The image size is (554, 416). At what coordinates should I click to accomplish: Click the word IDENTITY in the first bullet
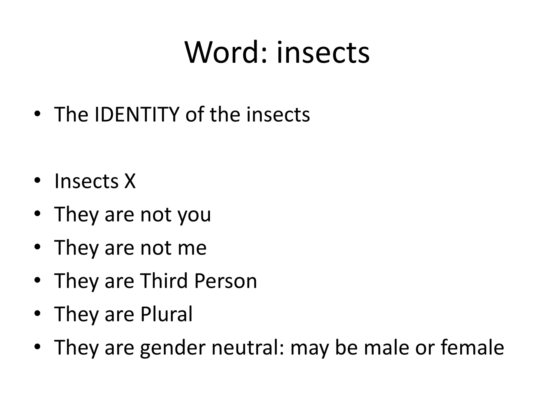[x=137, y=115]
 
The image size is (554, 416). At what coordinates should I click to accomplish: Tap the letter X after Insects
[x=130, y=181]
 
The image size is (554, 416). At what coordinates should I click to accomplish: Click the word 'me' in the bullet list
[x=192, y=248]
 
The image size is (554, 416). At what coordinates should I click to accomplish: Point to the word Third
[x=164, y=281]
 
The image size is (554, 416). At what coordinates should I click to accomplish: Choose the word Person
[x=226, y=281]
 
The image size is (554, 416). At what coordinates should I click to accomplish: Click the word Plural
[x=166, y=314]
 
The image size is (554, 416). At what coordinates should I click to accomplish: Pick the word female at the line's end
[x=472, y=347]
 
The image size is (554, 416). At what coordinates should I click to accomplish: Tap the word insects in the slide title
[x=323, y=53]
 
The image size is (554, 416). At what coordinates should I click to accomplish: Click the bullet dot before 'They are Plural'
[x=37, y=314]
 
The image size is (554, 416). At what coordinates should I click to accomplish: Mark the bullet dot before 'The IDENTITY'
[x=37, y=114]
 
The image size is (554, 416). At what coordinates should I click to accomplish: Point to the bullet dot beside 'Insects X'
[x=37, y=181]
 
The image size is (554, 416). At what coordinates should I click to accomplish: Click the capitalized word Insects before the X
[x=86, y=181]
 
